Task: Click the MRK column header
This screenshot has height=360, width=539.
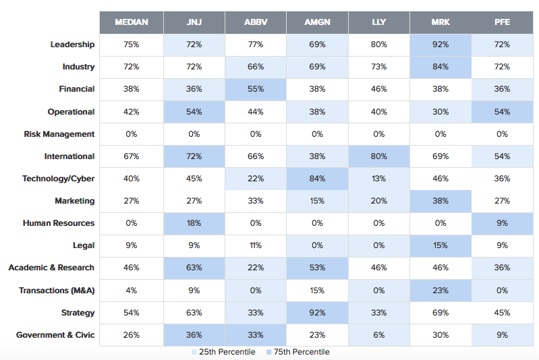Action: [441, 22]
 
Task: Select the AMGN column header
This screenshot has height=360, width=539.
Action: [317, 22]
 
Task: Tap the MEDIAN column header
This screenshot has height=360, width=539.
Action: [131, 22]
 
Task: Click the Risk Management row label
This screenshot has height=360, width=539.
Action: [59, 134]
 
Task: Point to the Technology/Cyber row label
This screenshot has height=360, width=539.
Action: [59, 179]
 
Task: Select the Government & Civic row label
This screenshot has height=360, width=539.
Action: [55, 335]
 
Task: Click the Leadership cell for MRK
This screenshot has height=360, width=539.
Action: [441, 44]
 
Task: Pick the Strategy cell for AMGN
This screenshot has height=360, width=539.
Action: [317, 313]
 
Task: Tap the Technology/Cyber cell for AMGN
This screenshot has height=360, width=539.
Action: [317, 179]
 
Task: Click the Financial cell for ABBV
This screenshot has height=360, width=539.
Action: [256, 89]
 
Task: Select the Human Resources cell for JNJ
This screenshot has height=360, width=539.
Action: [194, 223]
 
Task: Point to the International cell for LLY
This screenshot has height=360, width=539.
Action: [379, 156]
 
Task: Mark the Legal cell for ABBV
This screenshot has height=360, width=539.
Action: [256, 245]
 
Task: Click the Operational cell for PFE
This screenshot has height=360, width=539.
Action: [502, 112]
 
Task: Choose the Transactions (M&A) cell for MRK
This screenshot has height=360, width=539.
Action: [441, 290]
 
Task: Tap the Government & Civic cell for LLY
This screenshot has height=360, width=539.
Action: [379, 335]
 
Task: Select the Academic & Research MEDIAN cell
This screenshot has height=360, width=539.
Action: [131, 268]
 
